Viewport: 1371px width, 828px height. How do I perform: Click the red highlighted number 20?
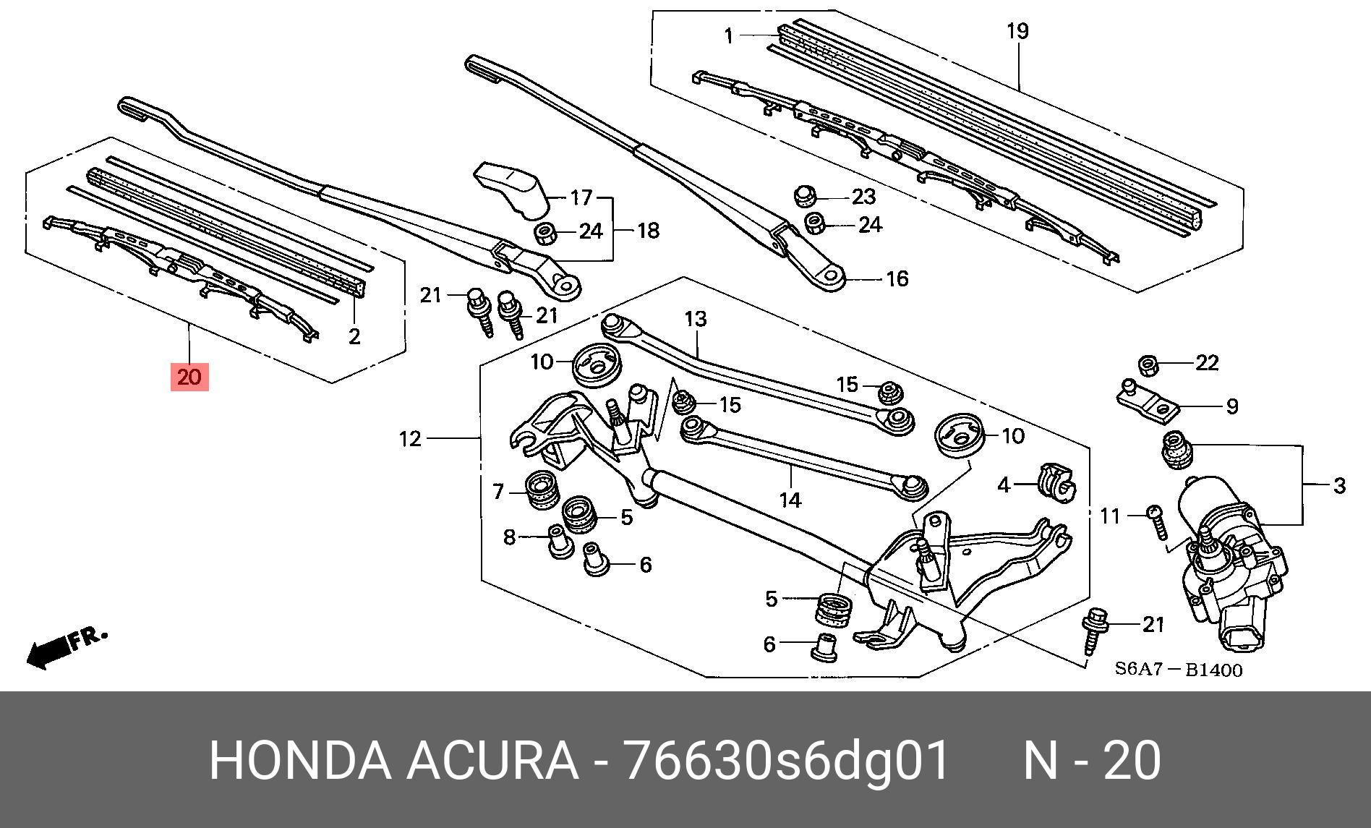[189, 377]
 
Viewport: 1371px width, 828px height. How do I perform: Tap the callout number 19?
[1017, 32]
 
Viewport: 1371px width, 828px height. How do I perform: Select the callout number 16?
[897, 278]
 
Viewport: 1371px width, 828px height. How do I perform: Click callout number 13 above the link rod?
[695, 319]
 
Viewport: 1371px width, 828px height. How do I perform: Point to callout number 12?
[410, 438]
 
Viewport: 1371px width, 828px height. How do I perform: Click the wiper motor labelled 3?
[1229, 571]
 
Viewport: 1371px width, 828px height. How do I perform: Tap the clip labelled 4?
[1056, 483]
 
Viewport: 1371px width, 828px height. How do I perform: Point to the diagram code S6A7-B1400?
[1178, 670]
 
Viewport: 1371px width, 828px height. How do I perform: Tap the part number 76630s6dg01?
[786, 761]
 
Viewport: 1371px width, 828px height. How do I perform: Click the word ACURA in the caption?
[492, 761]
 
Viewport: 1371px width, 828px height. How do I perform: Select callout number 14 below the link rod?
[790, 499]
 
